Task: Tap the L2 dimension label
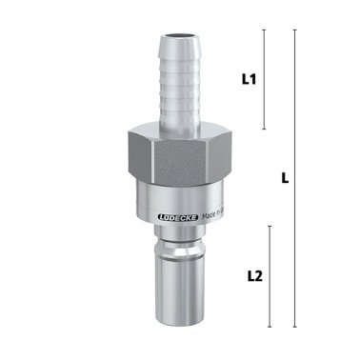(253, 276)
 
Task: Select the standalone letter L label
(285, 177)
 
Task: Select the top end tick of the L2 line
(270, 226)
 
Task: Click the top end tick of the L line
(294, 30)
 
